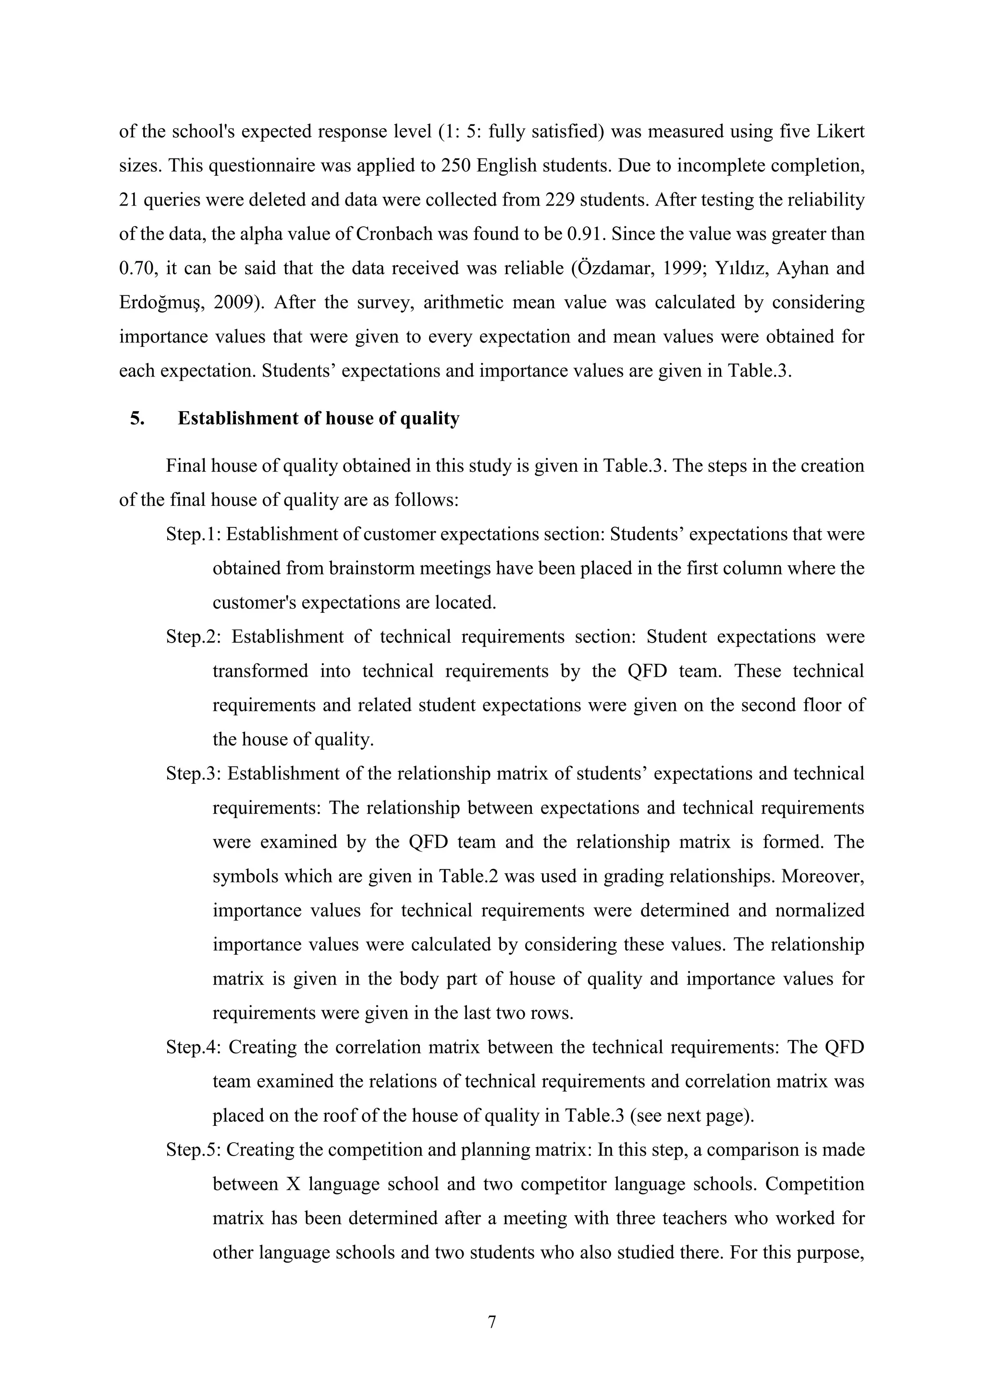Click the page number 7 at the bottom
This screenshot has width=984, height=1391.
[x=492, y=1321]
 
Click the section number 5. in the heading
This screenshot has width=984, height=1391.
[x=137, y=418]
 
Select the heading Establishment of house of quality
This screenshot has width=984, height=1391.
[x=318, y=418]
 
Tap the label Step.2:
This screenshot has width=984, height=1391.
[x=194, y=637]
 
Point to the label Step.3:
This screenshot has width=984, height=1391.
[x=194, y=774]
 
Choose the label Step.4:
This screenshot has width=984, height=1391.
[x=194, y=1047]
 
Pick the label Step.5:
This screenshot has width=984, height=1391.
[x=194, y=1149]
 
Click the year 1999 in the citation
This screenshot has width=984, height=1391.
[x=680, y=268]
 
